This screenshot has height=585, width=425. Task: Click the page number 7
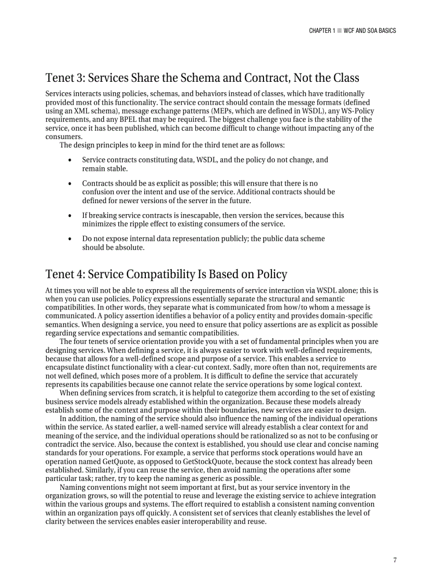395,560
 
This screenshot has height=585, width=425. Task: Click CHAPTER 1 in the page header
322,31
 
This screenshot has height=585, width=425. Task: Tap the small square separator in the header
339,31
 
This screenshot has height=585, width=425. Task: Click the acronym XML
76,111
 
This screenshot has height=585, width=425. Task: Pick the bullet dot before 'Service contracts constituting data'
70,160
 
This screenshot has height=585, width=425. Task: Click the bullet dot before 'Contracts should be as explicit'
70,183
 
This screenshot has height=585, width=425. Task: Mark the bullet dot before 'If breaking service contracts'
70,215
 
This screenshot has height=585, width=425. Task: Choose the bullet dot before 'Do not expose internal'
70,239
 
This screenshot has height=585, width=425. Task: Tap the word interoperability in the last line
183,521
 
